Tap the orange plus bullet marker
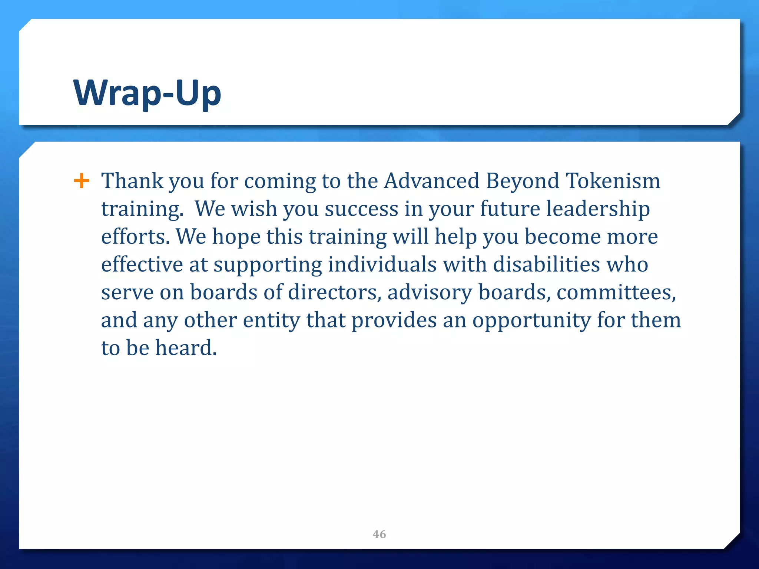click(82, 181)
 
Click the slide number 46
click(379, 534)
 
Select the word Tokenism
click(613, 181)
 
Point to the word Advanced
click(432, 181)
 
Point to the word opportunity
click(531, 321)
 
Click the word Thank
click(132, 181)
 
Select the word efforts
click(135, 237)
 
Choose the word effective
click(142, 264)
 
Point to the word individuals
click(382, 264)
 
